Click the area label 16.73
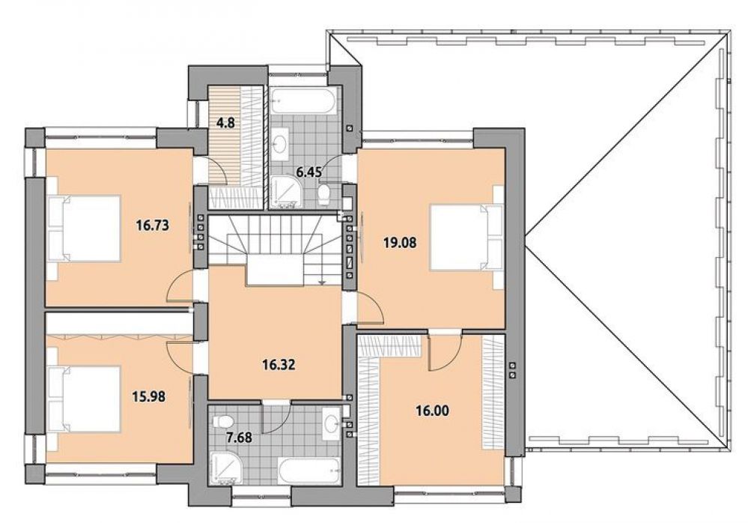153,225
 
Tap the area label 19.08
400,243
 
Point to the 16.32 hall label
279,365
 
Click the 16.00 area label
432,411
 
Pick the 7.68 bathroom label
238,437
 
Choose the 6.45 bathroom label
309,172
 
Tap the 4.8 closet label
225,123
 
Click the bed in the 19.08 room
467,238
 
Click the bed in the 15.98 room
83,399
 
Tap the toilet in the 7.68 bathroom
223,421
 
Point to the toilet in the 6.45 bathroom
324,194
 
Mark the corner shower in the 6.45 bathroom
285,192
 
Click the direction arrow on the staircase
323,282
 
